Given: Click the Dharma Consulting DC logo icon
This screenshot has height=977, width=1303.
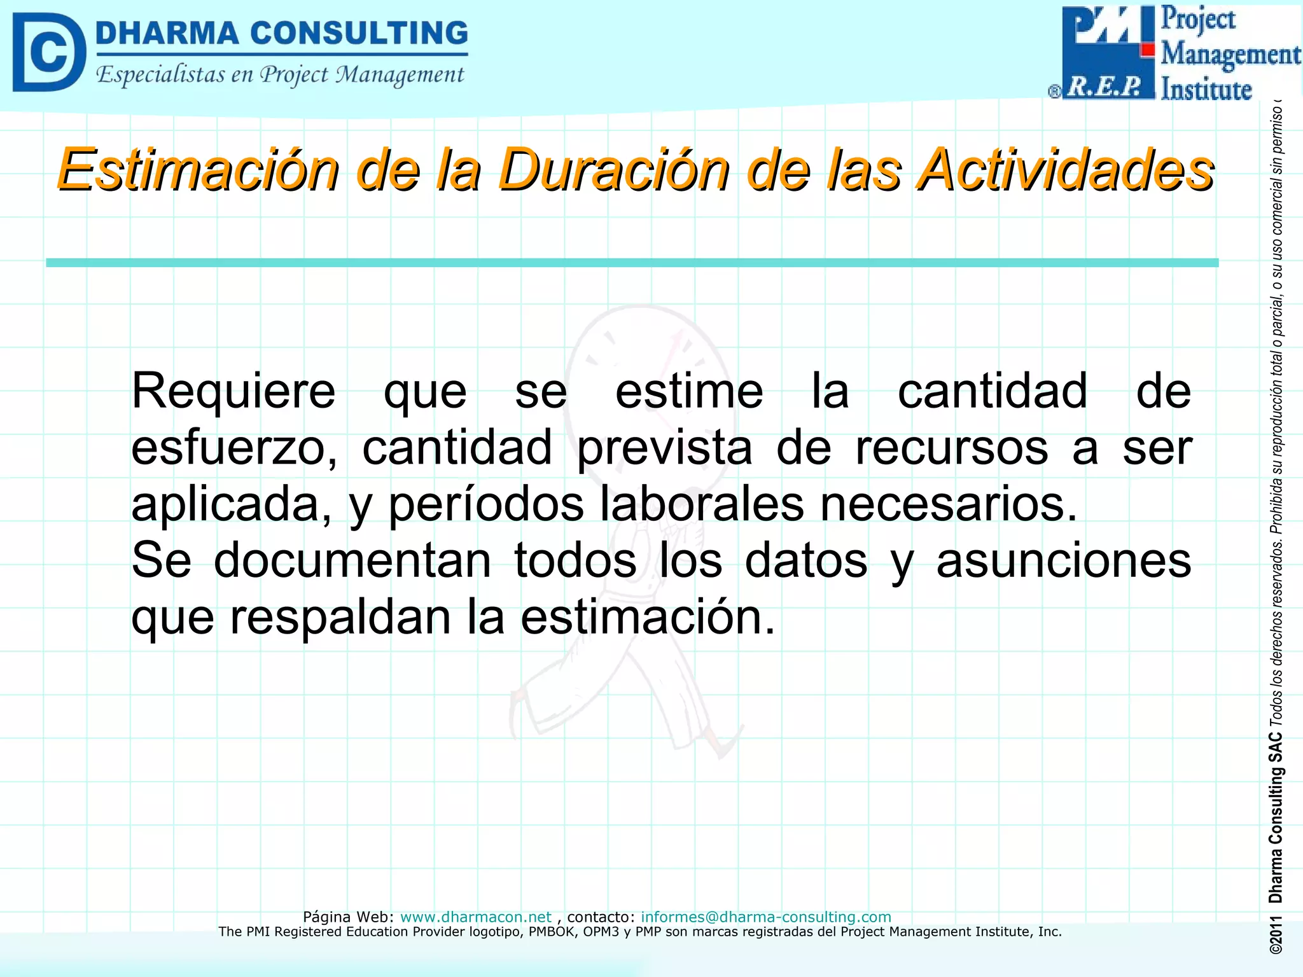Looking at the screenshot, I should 48,52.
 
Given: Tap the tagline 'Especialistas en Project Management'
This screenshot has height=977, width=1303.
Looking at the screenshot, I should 280,75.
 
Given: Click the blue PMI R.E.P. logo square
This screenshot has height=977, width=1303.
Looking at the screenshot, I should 1108,52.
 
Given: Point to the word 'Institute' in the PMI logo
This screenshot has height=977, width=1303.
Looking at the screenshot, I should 1206,89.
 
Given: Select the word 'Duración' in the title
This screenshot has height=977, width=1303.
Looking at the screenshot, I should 613,170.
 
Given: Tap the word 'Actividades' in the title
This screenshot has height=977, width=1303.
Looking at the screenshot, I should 1066,170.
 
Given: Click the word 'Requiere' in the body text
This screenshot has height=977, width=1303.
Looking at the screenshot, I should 233,391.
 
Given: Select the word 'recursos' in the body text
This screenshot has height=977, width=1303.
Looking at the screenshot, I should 951,448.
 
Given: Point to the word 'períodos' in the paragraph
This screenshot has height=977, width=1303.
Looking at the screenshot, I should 486,504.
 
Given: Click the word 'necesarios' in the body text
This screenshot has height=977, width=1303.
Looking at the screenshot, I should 948,504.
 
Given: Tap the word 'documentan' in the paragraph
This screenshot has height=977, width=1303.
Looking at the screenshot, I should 352,560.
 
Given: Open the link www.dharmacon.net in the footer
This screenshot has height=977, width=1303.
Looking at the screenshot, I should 476,917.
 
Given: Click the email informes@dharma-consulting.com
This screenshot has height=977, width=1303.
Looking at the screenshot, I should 766,917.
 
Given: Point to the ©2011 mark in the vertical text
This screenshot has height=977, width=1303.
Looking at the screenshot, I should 1276,935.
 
